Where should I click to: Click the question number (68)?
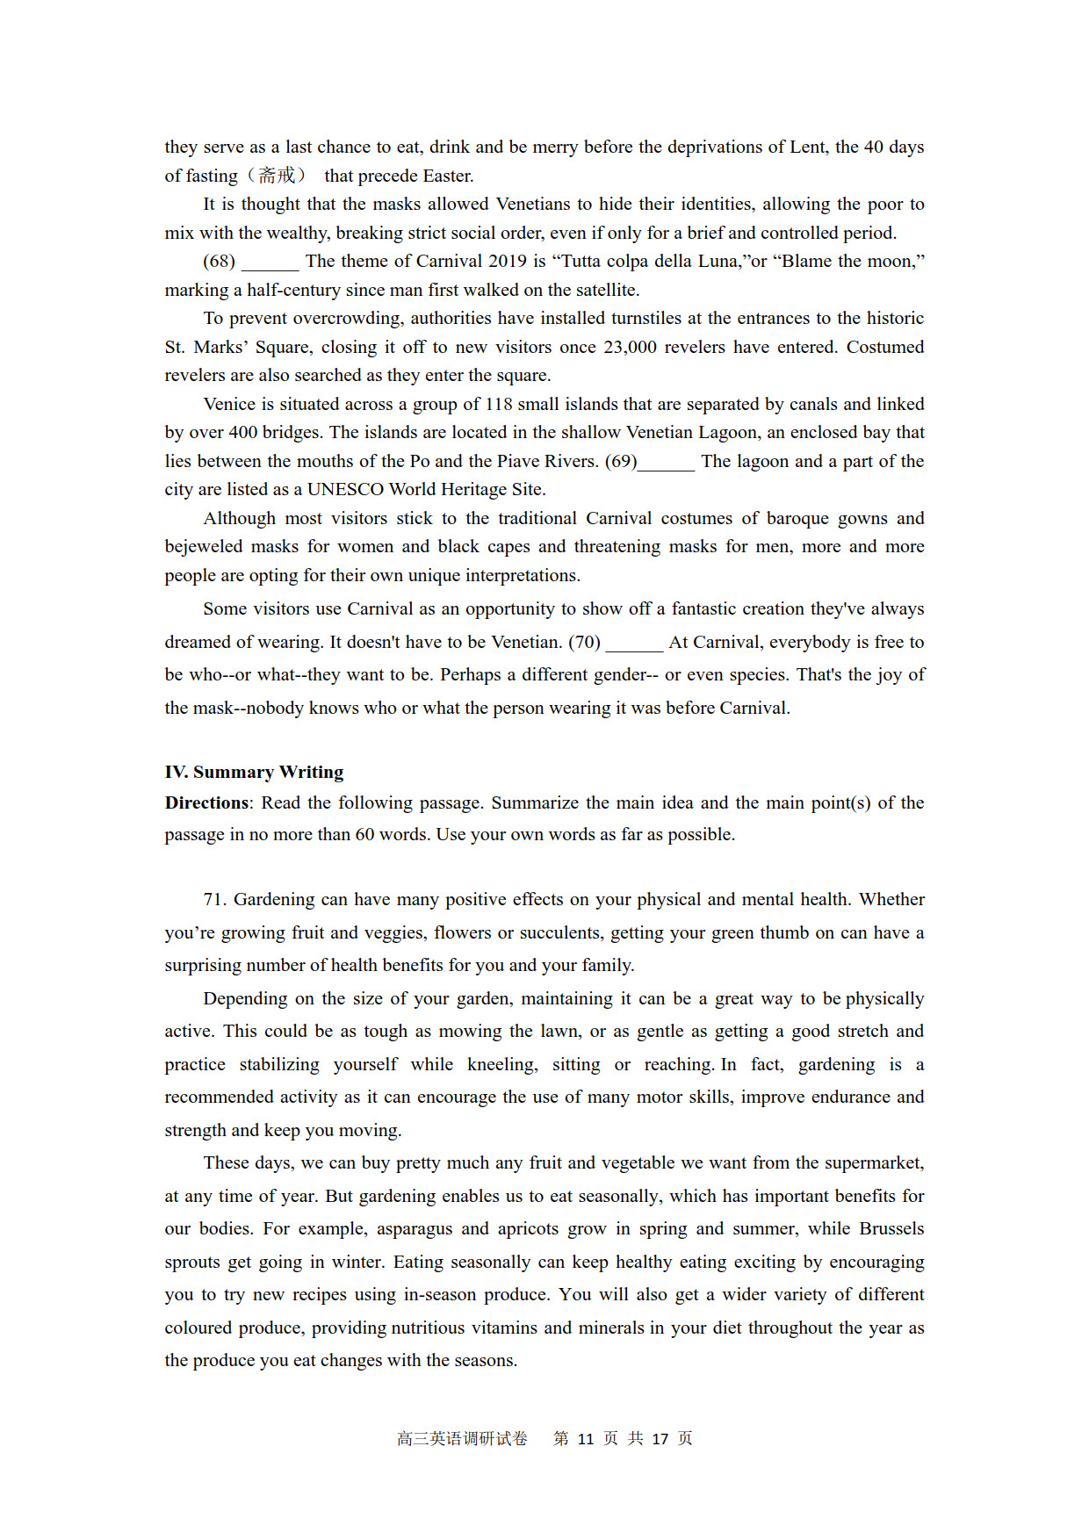[219, 261]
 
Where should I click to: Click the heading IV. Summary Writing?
[254, 772]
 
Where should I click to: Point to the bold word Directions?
[206, 802]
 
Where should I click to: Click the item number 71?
[214, 899]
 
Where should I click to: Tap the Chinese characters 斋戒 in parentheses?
[277, 176]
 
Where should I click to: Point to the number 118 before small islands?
[498, 404]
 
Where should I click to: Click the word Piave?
[517, 461]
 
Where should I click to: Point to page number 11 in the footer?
[586, 1439]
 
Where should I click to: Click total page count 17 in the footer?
[660, 1439]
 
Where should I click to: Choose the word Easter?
[448, 176]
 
